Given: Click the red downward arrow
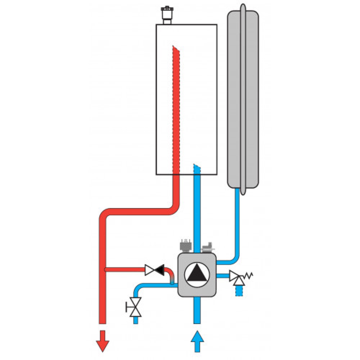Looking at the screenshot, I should [103, 340].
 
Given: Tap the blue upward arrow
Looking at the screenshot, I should [197, 341].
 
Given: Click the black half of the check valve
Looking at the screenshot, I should [159, 269].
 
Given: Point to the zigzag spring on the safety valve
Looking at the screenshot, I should [248, 276].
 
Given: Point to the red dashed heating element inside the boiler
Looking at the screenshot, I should [176, 108].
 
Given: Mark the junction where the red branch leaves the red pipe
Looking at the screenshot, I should [104, 269].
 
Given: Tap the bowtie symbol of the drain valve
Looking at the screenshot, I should [136, 307].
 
